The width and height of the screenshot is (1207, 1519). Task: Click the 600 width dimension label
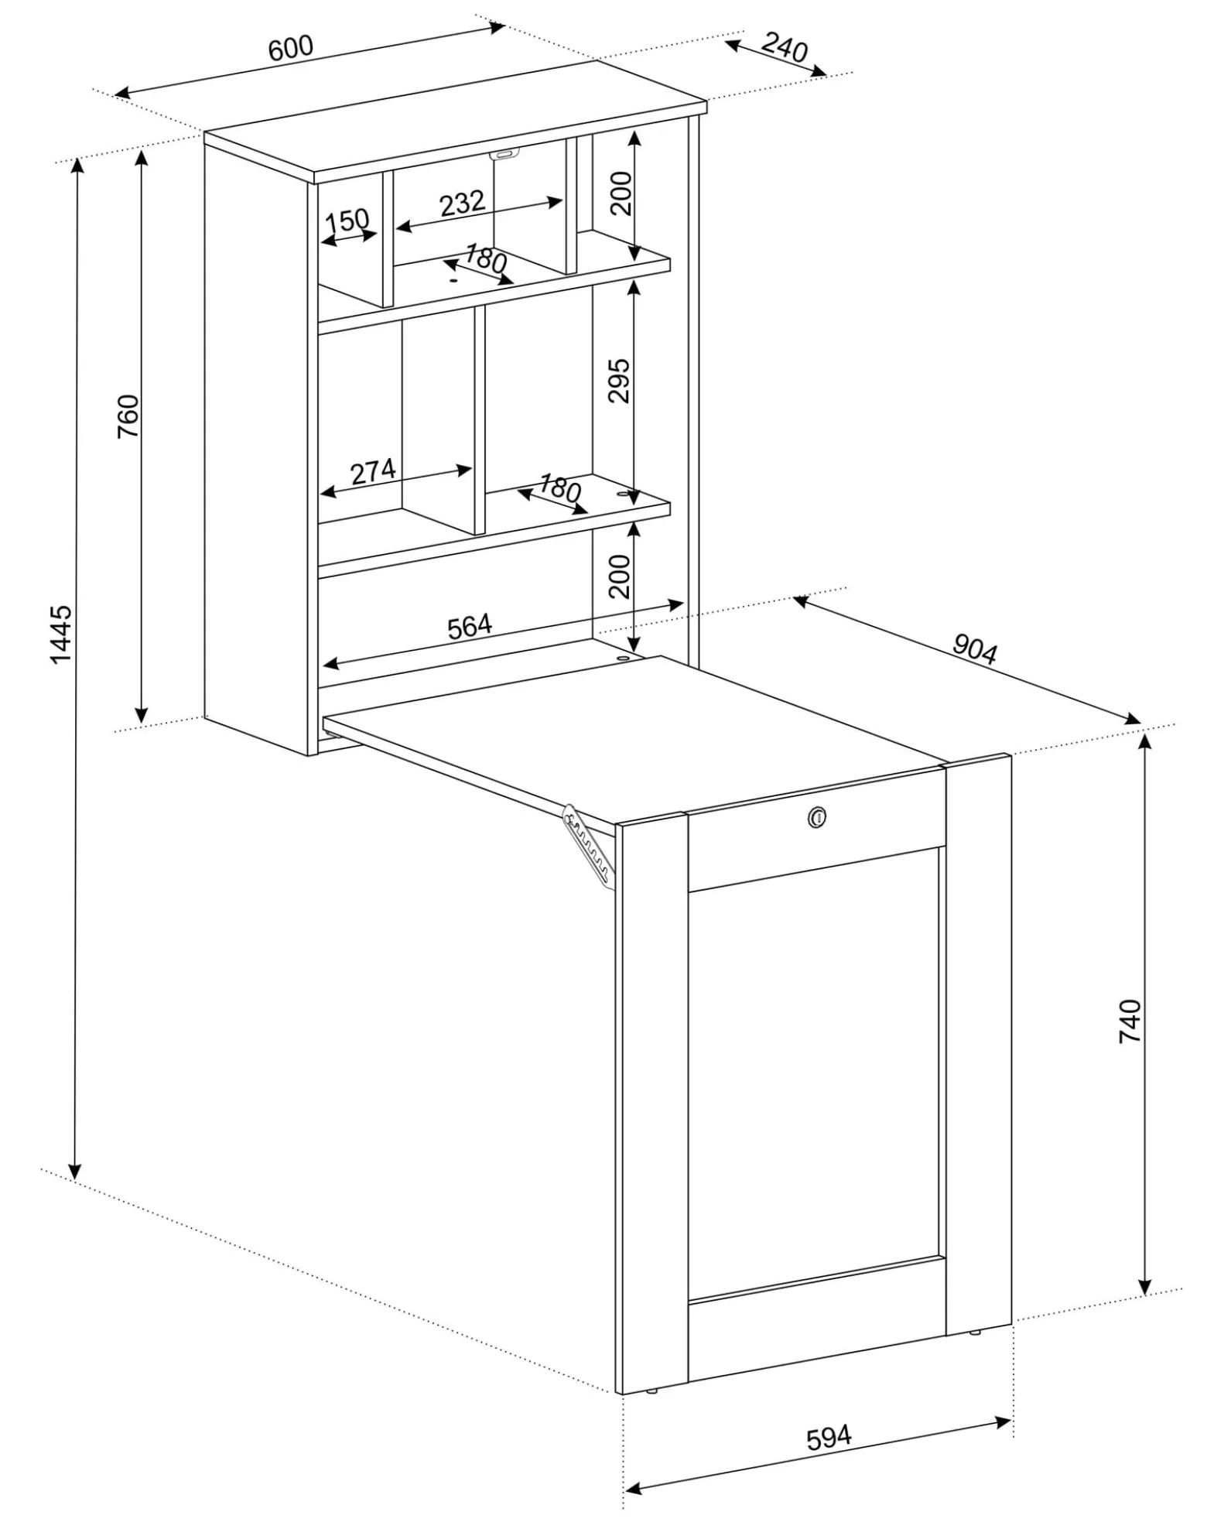pyautogui.click(x=291, y=47)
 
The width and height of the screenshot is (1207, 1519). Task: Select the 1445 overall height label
pyautogui.click(x=60, y=634)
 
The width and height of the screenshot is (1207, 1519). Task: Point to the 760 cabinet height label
pyautogui.click(x=128, y=416)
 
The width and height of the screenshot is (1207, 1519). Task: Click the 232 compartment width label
pyautogui.click(x=462, y=204)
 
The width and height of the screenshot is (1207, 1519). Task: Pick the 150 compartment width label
pyautogui.click(x=347, y=221)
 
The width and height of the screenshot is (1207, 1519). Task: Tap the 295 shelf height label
pyautogui.click(x=620, y=380)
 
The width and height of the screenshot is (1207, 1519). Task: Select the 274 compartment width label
pyautogui.click(x=373, y=471)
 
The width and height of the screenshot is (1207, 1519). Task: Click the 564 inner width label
pyautogui.click(x=470, y=625)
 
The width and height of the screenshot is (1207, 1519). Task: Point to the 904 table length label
pyautogui.click(x=975, y=650)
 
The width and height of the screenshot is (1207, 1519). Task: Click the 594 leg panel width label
pyautogui.click(x=829, y=1437)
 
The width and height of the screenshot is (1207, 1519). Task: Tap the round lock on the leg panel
pyautogui.click(x=816, y=815)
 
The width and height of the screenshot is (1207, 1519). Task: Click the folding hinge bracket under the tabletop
pyautogui.click(x=590, y=847)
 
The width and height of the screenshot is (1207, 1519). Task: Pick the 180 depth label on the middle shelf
pyautogui.click(x=559, y=488)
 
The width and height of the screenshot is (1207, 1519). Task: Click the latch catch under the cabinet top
pyautogui.click(x=504, y=154)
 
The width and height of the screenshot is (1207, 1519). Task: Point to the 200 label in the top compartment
pyautogui.click(x=621, y=193)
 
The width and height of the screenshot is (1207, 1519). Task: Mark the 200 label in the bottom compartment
pyautogui.click(x=620, y=576)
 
